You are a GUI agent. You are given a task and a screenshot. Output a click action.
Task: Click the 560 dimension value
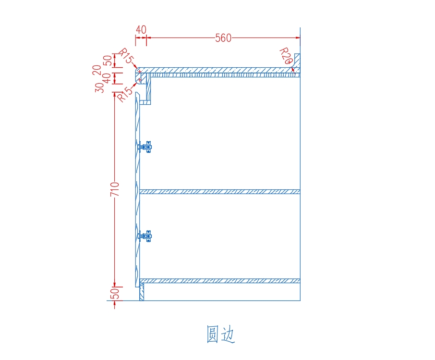223,38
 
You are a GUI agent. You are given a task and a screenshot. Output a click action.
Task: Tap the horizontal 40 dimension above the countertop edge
141,30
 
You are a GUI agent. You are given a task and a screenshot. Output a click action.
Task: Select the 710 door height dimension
115,189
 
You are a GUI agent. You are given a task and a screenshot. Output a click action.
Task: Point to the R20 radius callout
286,56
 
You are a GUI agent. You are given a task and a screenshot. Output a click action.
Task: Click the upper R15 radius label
126,56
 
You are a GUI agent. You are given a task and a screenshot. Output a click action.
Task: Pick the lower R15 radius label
125,94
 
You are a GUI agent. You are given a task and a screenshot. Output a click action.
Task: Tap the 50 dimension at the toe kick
115,293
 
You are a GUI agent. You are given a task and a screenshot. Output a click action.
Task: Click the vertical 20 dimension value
97,70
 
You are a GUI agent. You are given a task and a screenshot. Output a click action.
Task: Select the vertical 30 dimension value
99,87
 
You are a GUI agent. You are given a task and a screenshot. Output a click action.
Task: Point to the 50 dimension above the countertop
107,60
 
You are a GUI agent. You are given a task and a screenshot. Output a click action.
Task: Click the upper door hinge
145,147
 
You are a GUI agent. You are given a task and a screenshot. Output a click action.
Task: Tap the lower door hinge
145,236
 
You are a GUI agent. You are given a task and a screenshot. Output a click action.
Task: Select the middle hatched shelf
220,192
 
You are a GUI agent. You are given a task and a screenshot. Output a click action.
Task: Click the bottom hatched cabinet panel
220,281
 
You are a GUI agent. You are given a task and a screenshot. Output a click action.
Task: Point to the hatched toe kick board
142,292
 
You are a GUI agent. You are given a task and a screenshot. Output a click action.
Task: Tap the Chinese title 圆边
220,334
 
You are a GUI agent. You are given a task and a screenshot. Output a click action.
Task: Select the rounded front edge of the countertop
138,75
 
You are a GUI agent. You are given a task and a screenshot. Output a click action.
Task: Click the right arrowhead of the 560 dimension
298,37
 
